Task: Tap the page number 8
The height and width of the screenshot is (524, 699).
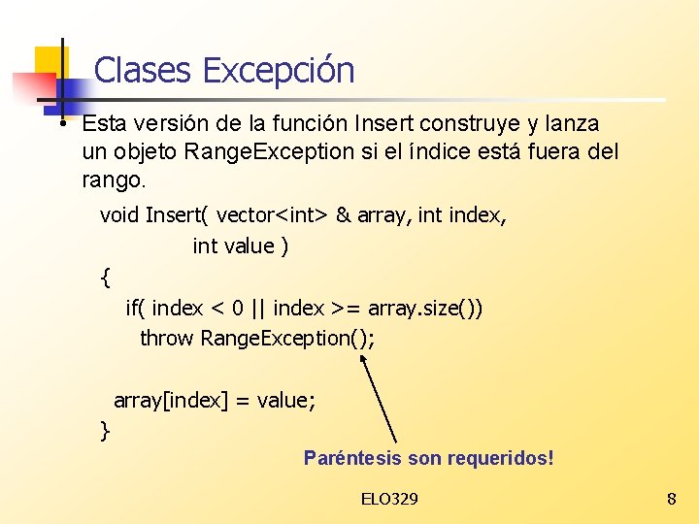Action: pyautogui.click(x=671, y=499)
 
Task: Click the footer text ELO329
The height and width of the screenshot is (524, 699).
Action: pyautogui.click(x=389, y=499)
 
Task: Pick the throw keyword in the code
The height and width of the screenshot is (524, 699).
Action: pyautogui.click(x=167, y=339)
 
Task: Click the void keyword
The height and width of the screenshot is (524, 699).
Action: pyautogui.click(x=119, y=215)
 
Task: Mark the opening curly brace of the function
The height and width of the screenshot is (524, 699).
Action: pyautogui.click(x=105, y=278)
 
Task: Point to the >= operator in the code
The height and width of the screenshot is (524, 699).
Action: pyautogui.click(x=347, y=309)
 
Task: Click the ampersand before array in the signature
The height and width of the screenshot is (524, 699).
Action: pyautogui.click(x=343, y=215)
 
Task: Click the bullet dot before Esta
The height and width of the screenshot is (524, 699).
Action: pyautogui.click(x=61, y=123)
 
